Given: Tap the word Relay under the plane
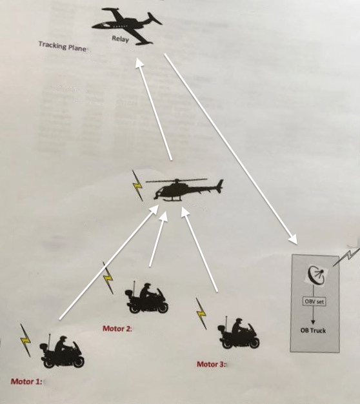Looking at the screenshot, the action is pos(120,39).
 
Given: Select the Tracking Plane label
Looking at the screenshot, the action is pos(63,46).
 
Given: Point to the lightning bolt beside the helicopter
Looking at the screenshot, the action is pos(137,185).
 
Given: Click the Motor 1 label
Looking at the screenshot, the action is pos(26,381).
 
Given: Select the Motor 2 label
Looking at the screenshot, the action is pos(117,328).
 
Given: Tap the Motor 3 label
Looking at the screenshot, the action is pos(212,364).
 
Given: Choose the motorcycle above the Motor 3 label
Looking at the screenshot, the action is pos(239,334).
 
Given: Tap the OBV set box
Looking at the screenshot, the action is pos(314,301).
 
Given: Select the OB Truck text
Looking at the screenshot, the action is pos(313,330).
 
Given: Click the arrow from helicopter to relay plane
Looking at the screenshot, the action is pos(154,109).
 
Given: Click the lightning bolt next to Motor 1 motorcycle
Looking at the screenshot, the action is pos(25,341).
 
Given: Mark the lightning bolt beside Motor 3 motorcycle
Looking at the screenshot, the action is pos(201,314).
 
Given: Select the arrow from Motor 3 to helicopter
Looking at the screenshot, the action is pos(199,249).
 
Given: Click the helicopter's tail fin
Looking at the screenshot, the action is pos(219,185).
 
